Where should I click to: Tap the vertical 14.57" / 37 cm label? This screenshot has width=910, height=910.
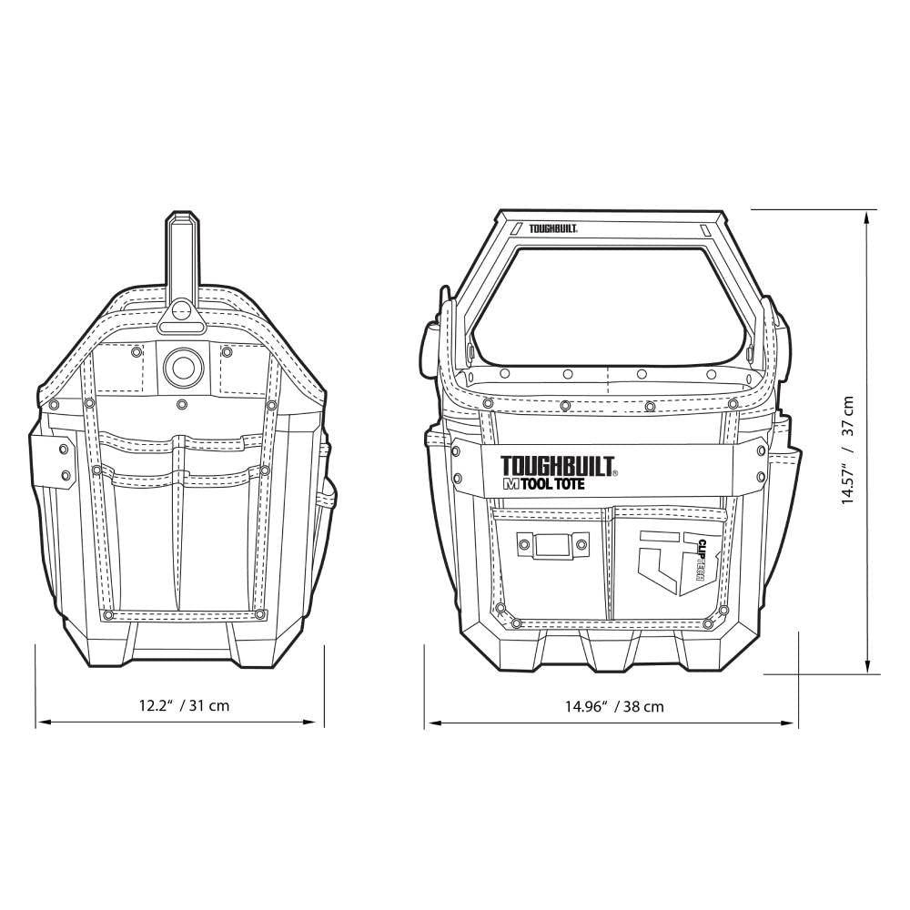848,450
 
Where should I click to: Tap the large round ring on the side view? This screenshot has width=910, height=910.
178,367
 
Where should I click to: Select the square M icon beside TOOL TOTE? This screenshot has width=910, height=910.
509,485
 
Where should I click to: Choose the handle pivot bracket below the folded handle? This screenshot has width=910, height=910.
179,318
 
